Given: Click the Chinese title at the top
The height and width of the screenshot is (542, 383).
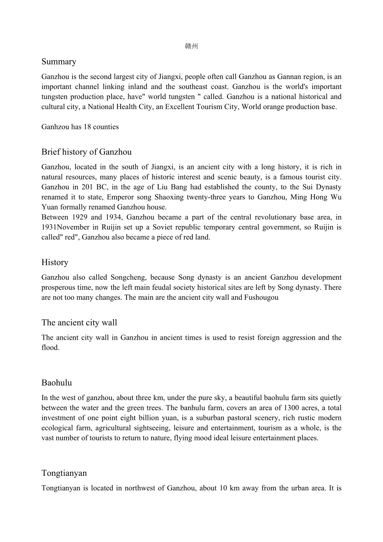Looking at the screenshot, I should pyautogui.click(x=191, y=46).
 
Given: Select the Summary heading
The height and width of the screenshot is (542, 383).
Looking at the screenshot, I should pyautogui.click(x=59, y=62).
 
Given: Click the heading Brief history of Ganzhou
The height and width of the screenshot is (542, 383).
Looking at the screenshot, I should pyautogui.click(x=86, y=152).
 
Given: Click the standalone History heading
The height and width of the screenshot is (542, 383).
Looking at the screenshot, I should pyautogui.click(x=55, y=262).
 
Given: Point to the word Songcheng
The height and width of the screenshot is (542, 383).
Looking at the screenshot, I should pyautogui.click(x=128, y=277).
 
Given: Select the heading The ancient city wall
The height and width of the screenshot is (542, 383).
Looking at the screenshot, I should pyautogui.click(x=79, y=323).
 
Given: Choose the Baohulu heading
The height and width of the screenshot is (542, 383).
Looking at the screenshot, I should pyautogui.click(x=57, y=383).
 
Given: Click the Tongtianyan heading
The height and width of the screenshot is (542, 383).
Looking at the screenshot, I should pyautogui.click(x=64, y=473).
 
